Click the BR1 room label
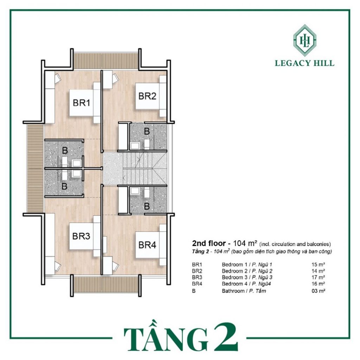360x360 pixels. [82, 103]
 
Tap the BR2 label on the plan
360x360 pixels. [147, 96]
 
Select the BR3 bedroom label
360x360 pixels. [81, 236]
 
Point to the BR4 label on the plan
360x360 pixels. [147, 245]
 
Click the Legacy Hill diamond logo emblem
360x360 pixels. [305, 40]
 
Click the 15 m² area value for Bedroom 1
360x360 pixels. [318, 264]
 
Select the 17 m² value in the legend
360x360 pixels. [318, 277]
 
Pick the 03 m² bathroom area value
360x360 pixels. [318, 291]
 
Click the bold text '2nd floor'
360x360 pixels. [209, 243]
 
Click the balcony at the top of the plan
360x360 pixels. [106, 60]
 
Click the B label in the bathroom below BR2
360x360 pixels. [147, 131]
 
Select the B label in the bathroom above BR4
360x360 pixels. [147, 206]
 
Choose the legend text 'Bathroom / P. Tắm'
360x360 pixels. [244, 291]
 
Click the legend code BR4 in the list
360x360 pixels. [197, 284]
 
